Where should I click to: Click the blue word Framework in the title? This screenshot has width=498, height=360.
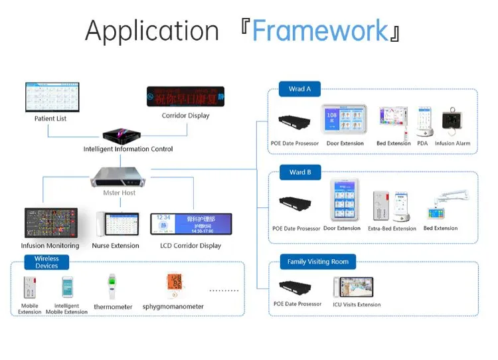click(319, 31)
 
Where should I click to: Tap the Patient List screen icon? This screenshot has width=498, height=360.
click(51, 97)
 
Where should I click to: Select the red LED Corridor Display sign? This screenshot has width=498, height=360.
click(185, 97)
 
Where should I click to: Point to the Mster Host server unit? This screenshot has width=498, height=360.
click(119, 175)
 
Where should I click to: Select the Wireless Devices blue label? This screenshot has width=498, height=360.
click(46, 262)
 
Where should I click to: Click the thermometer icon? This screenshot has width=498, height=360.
click(112, 286)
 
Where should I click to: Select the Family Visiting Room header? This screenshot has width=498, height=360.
click(317, 262)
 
